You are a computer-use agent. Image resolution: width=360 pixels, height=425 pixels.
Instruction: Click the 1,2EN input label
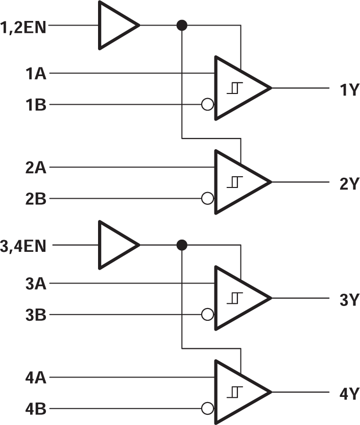pyautogui.click(x=23, y=25)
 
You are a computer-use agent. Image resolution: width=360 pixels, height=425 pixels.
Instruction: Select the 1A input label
pyautogui.click(x=36, y=74)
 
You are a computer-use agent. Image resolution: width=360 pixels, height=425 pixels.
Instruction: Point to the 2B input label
pyautogui.click(x=36, y=199)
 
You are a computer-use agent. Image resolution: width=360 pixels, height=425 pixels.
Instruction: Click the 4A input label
pyautogui.click(x=36, y=378)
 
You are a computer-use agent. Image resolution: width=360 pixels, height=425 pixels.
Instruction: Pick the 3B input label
pyautogui.click(x=36, y=315)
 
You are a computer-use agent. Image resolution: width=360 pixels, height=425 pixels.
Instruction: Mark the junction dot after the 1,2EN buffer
pyautogui.click(x=181, y=25)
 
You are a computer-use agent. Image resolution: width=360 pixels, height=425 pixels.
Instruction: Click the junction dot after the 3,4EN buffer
pyautogui.click(x=181, y=246)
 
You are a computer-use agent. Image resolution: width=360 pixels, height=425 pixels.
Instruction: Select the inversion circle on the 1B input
pyautogui.click(x=207, y=105)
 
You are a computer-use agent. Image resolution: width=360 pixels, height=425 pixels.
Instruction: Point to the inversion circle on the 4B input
pyautogui.click(x=207, y=409)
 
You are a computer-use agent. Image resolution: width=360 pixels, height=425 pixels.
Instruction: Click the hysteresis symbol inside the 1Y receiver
pyautogui.click(x=233, y=88)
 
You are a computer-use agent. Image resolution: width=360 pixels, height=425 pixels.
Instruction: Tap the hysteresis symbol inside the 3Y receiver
pyautogui.click(x=233, y=298)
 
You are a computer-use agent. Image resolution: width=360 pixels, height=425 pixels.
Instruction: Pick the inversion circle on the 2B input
pyautogui.click(x=207, y=199)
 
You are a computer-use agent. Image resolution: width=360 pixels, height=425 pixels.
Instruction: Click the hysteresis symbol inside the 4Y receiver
pyautogui.click(x=233, y=393)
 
